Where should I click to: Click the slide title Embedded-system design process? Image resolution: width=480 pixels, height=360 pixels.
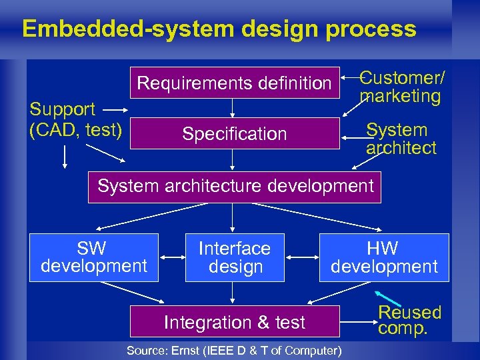pos(219,29)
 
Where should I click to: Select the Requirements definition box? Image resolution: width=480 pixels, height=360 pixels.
pos(234,83)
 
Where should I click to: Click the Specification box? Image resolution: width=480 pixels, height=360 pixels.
pos(234,133)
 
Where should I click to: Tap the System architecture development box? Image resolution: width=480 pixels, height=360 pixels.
pos(235,187)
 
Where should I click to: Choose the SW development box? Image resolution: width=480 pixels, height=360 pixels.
pos(93,257)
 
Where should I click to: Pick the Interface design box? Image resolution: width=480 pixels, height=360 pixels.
pos(235,257)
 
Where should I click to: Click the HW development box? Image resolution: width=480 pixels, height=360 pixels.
pos(384,257)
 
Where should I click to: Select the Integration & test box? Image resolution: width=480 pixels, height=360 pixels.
pos(235,322)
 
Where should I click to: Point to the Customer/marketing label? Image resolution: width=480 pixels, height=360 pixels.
pos(401,87)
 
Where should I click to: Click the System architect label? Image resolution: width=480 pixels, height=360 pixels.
pos(401,139)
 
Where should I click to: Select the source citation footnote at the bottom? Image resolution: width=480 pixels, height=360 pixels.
pos(234,351)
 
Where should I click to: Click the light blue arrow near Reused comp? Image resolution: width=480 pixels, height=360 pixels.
pos(387,298)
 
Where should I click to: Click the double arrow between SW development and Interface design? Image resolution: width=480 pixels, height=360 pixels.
pos(172,255)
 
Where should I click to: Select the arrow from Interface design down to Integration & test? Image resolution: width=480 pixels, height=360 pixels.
pos(233,293)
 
